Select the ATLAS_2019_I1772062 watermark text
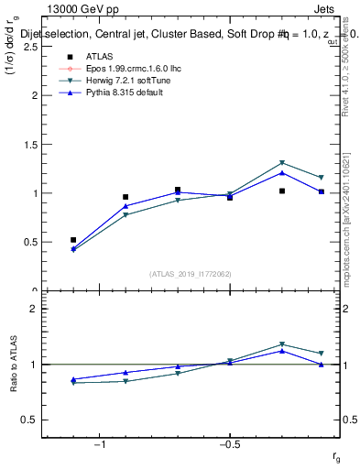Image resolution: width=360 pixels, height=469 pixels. [191, 274]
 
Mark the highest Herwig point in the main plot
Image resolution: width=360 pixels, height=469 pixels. [282, 163]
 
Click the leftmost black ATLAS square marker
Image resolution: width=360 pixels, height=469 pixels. [73, 240]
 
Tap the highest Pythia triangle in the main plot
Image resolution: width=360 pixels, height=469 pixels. [282, 172]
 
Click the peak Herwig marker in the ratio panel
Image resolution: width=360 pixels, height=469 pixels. [282, 344]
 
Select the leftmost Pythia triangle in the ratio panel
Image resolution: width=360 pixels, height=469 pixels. [73, 379]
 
